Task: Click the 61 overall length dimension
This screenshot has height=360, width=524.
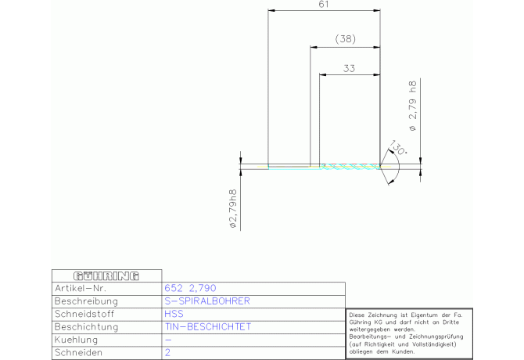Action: [324, 5]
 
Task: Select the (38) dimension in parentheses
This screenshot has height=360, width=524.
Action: [345, 39]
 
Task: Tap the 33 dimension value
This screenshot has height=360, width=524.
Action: [349, 69]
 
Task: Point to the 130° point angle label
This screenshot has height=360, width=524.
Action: [397, 147]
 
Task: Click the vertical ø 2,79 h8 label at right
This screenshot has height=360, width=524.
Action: [413, 106]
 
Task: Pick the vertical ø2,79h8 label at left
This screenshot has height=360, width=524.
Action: [233, 209]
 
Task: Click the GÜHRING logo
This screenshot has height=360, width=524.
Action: [106, 276]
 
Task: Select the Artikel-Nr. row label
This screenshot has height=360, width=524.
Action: [81, 288]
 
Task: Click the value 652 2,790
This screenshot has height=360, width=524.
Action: [190, 288]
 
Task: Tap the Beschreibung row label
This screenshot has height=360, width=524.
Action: [86, 301]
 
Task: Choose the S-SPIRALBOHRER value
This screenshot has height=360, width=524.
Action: [207, 301]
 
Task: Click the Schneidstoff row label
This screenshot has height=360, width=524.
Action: [84, 314]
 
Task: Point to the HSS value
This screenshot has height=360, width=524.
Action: [174, 314]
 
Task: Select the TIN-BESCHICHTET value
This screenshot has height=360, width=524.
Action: [207, 326]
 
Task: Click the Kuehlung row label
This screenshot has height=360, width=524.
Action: [76, 340]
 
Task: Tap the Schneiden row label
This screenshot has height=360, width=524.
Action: [78, 352]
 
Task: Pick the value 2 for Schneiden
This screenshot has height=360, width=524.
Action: [167, 352]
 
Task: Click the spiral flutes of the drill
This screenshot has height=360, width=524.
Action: [350, 167]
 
